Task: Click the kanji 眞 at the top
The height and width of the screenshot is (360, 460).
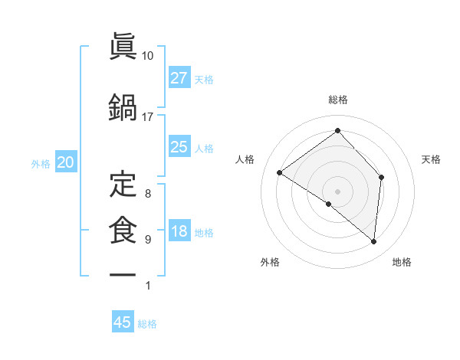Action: (x=123, y=48)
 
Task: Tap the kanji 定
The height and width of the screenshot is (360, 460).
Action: (x=123, y=185)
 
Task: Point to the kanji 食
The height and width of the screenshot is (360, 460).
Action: (x=123, y=231)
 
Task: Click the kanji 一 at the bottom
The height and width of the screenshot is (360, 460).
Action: (x=123, y=274)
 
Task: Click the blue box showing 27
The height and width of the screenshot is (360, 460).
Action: (x=179, y=78)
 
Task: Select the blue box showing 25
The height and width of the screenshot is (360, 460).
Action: (x=179, y=147)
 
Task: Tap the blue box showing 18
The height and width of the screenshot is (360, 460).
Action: (x=179, y=232)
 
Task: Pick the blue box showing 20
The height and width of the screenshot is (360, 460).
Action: (x=65, y=162)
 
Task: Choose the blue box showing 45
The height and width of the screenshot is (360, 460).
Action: (x=123, y=322)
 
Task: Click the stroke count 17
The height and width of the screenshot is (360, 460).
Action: (x=147, y=117)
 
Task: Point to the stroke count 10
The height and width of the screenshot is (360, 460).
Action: (x=147, y=56)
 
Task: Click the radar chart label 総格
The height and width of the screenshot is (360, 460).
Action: (x=337, y=100)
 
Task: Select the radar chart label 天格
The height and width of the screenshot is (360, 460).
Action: (x=431, y=159)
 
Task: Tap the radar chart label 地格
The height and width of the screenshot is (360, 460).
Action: (x=402, y=263)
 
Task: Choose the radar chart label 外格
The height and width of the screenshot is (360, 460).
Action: (x=270, y=263)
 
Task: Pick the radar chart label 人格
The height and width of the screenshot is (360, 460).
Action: (x=245, y=159)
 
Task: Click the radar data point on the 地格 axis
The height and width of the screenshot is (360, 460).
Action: (x=374, y=242)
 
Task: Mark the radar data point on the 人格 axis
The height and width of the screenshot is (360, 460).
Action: (x=280, y=173)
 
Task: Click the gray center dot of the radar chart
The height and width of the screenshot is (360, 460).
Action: (x=337, y=191)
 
